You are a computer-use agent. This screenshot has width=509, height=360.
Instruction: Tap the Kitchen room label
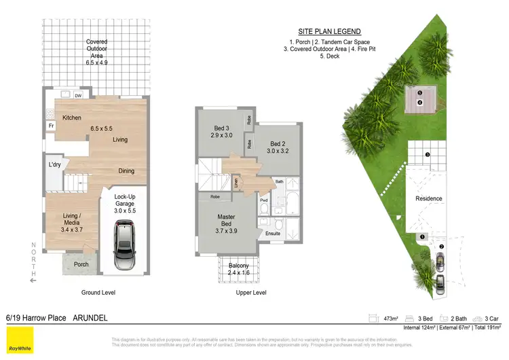coord(72,118)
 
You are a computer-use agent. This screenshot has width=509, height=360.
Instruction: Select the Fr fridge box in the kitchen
coord(51,126)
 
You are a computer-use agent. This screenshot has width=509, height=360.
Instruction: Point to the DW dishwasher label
coord(78,96)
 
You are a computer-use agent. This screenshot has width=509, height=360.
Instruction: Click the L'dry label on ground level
coord(55,164)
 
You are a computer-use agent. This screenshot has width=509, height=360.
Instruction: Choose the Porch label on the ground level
coord(81,264)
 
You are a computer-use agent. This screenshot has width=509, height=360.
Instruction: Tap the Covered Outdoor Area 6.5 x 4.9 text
coord(96,52)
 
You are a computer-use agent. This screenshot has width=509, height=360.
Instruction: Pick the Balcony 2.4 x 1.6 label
coord(238,269)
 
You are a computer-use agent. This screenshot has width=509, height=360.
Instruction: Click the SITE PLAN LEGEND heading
coord(329,32)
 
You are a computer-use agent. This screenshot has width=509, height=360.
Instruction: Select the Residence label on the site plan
coord(429,198)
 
